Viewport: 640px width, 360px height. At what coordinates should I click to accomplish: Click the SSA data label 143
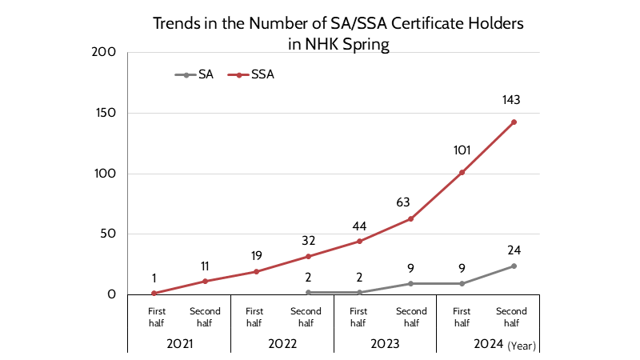click(511, 100)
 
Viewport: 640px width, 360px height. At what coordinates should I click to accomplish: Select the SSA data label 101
click(462, 149)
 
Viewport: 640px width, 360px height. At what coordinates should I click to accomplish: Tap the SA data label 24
click(513, 250)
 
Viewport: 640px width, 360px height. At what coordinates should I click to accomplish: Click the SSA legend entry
click(262, 74)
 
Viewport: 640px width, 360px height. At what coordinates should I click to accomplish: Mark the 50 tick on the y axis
click(108, 234)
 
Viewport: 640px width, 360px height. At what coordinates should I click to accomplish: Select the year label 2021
click(178, 345)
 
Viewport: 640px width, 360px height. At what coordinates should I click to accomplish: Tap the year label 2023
click(385, 345)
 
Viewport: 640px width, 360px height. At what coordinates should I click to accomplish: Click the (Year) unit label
click(521, 346)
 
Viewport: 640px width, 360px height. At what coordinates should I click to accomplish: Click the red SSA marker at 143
click(514, 122)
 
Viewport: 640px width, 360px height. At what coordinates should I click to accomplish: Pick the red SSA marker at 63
click(410, 218)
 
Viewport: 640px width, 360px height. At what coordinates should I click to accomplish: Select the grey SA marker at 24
click(514, 266)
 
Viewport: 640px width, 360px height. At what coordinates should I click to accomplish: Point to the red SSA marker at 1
click(154, 294)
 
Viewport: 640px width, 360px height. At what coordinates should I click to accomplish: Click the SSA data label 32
click(307, 240)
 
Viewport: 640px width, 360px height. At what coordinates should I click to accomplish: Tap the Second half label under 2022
click(307, 317)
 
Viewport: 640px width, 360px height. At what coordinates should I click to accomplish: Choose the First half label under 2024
click(462, 317)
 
